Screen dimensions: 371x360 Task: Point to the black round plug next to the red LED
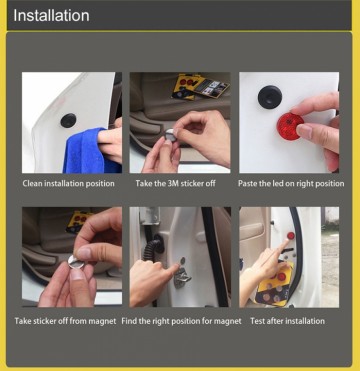click(268, 97)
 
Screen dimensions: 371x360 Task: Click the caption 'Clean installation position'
click(68, 184)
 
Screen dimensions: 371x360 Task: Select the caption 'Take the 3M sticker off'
click(178, 184)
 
